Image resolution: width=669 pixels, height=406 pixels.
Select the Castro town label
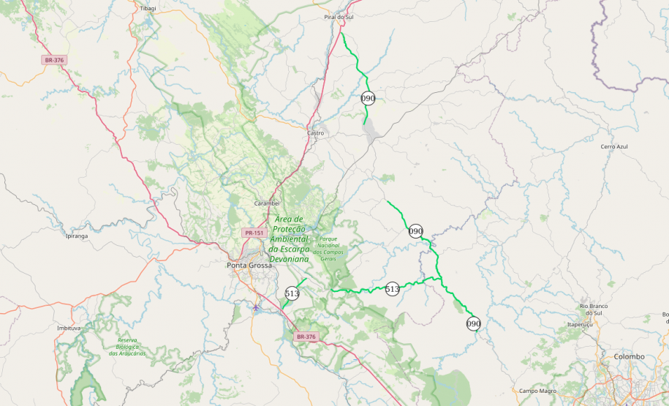tap(315, 133)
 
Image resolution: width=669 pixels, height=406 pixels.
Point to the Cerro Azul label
tap(614, 146)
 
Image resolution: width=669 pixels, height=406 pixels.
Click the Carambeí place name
tap(267, 203)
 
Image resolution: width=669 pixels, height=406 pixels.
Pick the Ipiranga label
tap(77, 236)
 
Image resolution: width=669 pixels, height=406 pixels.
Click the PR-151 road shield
tap(254, 233)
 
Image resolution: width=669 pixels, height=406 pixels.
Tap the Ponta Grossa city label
tap(249, 265)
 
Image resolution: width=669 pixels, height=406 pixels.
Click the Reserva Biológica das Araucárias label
tap(127, 347)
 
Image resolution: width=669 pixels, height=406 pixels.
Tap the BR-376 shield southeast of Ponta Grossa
tap(306, 337)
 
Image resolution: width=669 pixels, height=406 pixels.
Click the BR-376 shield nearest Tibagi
tap(53, 60)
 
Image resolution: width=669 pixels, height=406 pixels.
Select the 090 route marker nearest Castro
tap(368, 98)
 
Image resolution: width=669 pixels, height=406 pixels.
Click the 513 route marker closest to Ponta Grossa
tap(292, 293)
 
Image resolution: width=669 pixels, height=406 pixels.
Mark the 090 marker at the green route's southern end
tap(474, 323)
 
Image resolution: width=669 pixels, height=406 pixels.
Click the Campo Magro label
tap(538, 391)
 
